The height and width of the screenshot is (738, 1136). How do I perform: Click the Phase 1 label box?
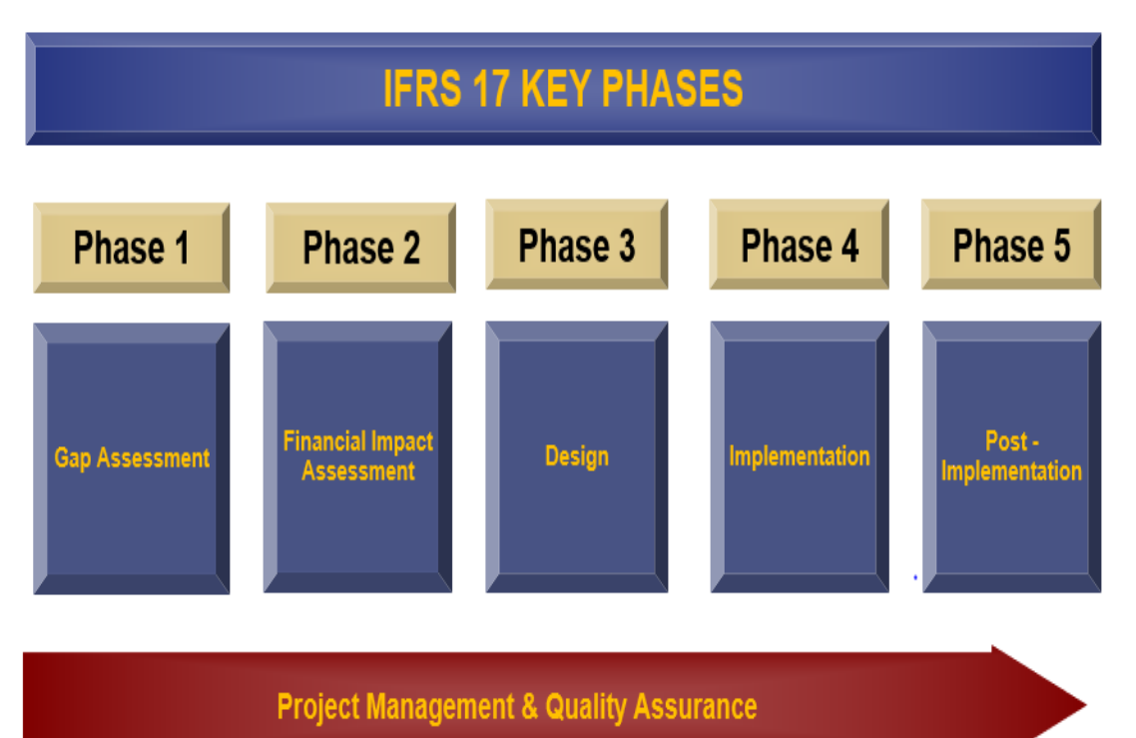[132, 248]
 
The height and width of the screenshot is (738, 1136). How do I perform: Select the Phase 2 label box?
[360, 248]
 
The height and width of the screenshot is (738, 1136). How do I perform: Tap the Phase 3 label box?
[576, 245]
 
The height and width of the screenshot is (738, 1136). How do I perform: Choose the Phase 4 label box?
[799, 245]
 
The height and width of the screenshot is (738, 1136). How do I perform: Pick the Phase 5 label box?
[1011, 245]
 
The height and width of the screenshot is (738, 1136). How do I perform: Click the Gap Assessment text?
[132, 458]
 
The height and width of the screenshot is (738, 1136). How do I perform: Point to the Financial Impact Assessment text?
[358, 455]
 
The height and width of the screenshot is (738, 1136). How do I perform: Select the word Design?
[576, 456]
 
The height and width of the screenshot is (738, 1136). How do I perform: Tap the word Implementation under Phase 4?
[799, 456]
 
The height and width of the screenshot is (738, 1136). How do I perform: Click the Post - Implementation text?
[1011, 456]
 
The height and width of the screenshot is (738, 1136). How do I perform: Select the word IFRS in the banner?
[422, 89]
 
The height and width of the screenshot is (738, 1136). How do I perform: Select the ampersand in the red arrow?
[529, 707]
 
